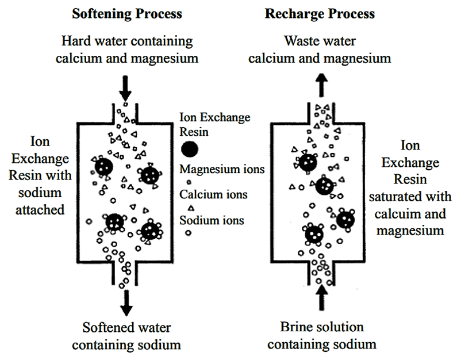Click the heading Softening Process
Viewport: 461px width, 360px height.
coord(126,13)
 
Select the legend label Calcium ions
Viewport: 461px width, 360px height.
coord(214,194)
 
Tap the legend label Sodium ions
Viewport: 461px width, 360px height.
coord(212,220)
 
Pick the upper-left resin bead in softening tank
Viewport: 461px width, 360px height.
coord(103,167)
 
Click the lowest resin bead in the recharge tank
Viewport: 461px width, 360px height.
coord(314,235)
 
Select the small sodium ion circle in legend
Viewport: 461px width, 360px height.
coord(187,233)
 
